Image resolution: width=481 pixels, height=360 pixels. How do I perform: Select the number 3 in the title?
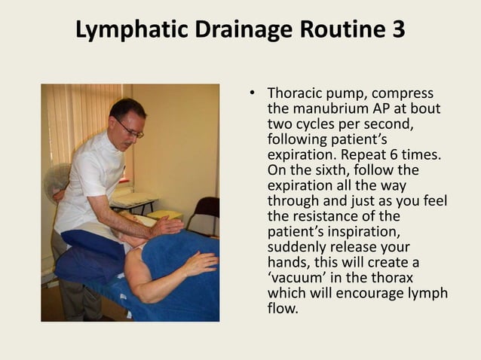point(396,29)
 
